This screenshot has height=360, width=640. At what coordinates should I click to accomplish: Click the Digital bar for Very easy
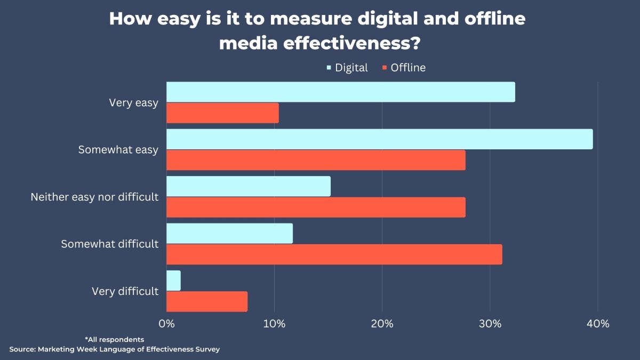tap(340, 92)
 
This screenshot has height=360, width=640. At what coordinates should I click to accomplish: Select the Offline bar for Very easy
tap(222, 113)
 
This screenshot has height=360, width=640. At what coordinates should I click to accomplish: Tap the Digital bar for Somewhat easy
tap(379, 139)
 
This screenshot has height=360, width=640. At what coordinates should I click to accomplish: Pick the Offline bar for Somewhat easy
tap(316, 160)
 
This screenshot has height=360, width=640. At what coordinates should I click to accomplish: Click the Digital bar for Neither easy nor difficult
tap(249, 186)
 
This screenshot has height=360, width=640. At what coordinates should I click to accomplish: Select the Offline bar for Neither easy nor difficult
tap(316, 207)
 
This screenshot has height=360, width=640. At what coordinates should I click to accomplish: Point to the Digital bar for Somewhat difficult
tap(229, 234)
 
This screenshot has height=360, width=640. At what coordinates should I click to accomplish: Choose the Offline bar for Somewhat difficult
tap(334, 254)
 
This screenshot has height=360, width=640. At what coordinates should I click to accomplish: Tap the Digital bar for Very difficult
tap(173, 281)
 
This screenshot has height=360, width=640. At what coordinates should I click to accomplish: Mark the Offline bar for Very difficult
tap(207, 301)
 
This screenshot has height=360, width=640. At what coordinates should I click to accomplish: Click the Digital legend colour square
tap(329, 68)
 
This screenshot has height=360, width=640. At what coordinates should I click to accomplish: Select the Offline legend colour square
tap(385, 68)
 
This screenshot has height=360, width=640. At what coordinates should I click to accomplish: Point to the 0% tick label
tap(166, 323)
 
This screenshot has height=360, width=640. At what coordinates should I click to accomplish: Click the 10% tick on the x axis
tap(274, 323)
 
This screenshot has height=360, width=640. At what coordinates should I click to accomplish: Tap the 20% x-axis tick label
tap(382, 323)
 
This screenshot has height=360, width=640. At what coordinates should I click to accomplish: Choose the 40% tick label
tap(597, 323)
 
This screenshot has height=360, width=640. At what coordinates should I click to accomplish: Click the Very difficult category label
tap(125, 291)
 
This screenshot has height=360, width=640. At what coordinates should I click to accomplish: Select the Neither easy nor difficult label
tap(94, 197)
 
